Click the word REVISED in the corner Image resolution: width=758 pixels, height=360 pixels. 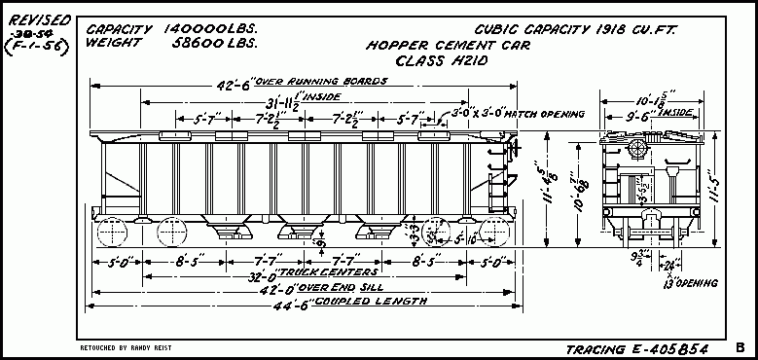point(35,16)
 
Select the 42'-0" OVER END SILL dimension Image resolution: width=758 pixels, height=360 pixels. point(307,288)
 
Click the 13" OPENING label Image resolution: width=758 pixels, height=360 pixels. point(689,283)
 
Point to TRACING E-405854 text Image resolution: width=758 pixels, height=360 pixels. point(636,348)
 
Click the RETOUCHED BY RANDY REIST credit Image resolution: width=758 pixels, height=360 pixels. point(122,346)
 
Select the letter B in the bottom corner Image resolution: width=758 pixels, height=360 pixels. point(740,346)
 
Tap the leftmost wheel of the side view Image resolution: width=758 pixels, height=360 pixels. point(116,234)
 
